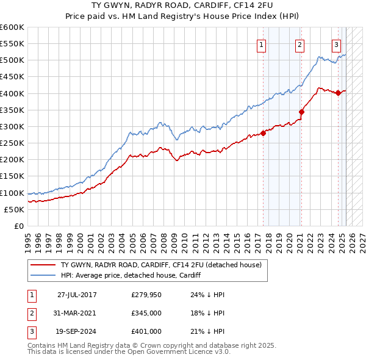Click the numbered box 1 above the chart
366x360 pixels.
[261, 44]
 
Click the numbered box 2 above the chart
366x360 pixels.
[300, 44]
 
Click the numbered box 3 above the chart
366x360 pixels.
[337, 44]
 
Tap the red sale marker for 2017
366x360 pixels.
[264, 133]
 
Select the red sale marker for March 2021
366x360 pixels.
[301, 111]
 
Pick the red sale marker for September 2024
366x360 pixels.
[339, 93]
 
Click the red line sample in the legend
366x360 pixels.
[43, 265]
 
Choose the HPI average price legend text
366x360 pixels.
[131, 275]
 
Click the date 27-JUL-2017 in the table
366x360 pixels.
[77, 295]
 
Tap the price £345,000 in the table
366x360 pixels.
[146, 313]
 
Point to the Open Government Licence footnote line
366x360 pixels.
[129, 351]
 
